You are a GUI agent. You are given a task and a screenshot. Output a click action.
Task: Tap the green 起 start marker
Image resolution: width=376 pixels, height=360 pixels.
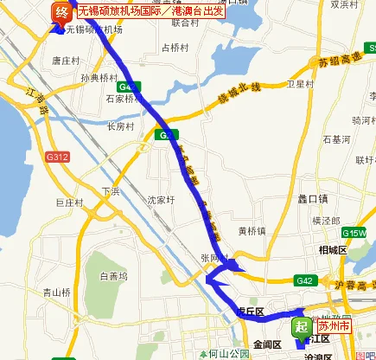(x=300, y=326)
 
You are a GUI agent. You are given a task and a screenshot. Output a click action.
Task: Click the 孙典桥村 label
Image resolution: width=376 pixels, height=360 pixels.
(x=98, y=77)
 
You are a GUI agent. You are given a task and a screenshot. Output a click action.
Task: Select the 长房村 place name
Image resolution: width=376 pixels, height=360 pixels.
(x=121, y=126)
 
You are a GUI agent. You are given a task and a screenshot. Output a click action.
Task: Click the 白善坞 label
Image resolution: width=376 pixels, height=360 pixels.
(x=113, y=277)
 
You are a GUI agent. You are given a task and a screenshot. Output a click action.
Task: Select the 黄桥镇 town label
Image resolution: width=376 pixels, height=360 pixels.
(x=251, y=231)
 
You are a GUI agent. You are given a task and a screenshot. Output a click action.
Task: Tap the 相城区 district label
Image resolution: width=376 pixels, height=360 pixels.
(x=332, y=249)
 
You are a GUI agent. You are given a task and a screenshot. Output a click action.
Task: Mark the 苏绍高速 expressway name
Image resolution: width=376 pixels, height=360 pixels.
(x=337, y=65)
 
